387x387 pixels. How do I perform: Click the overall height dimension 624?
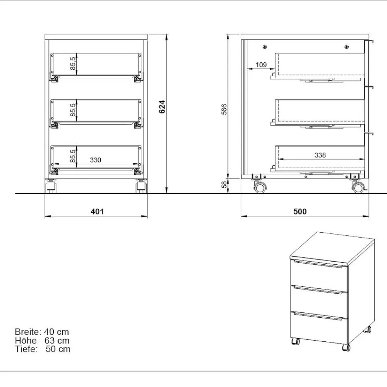[x=162, y=107]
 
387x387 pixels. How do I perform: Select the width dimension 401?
[x=97, y=212]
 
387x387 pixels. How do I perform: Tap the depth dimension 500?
[x=300, y=212]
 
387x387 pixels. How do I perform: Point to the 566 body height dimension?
[x=224, y=109]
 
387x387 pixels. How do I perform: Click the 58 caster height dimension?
[x=224, y=185]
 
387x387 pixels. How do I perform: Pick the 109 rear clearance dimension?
[x=261, y=65]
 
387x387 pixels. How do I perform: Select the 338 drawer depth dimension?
[x=320, y=155]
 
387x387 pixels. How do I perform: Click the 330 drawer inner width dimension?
[x=96, y=160]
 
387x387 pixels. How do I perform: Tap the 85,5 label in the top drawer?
[x=73, y=63]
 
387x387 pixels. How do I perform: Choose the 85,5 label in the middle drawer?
[x=73, y=110]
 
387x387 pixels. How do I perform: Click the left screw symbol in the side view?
[x=265, y=47]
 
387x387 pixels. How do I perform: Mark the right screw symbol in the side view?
[x=347, y=47]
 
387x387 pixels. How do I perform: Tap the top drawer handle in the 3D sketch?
[x=318, y=264]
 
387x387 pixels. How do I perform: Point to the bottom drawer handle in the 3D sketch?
[x=318, y=316]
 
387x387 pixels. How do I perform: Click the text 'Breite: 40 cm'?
[x=42, y=332]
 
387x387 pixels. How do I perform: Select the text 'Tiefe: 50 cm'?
[x=43, y=349]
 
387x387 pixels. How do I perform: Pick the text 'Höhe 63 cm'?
[x=42, y=341]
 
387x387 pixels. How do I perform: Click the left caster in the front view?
[x=51, y=187]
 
